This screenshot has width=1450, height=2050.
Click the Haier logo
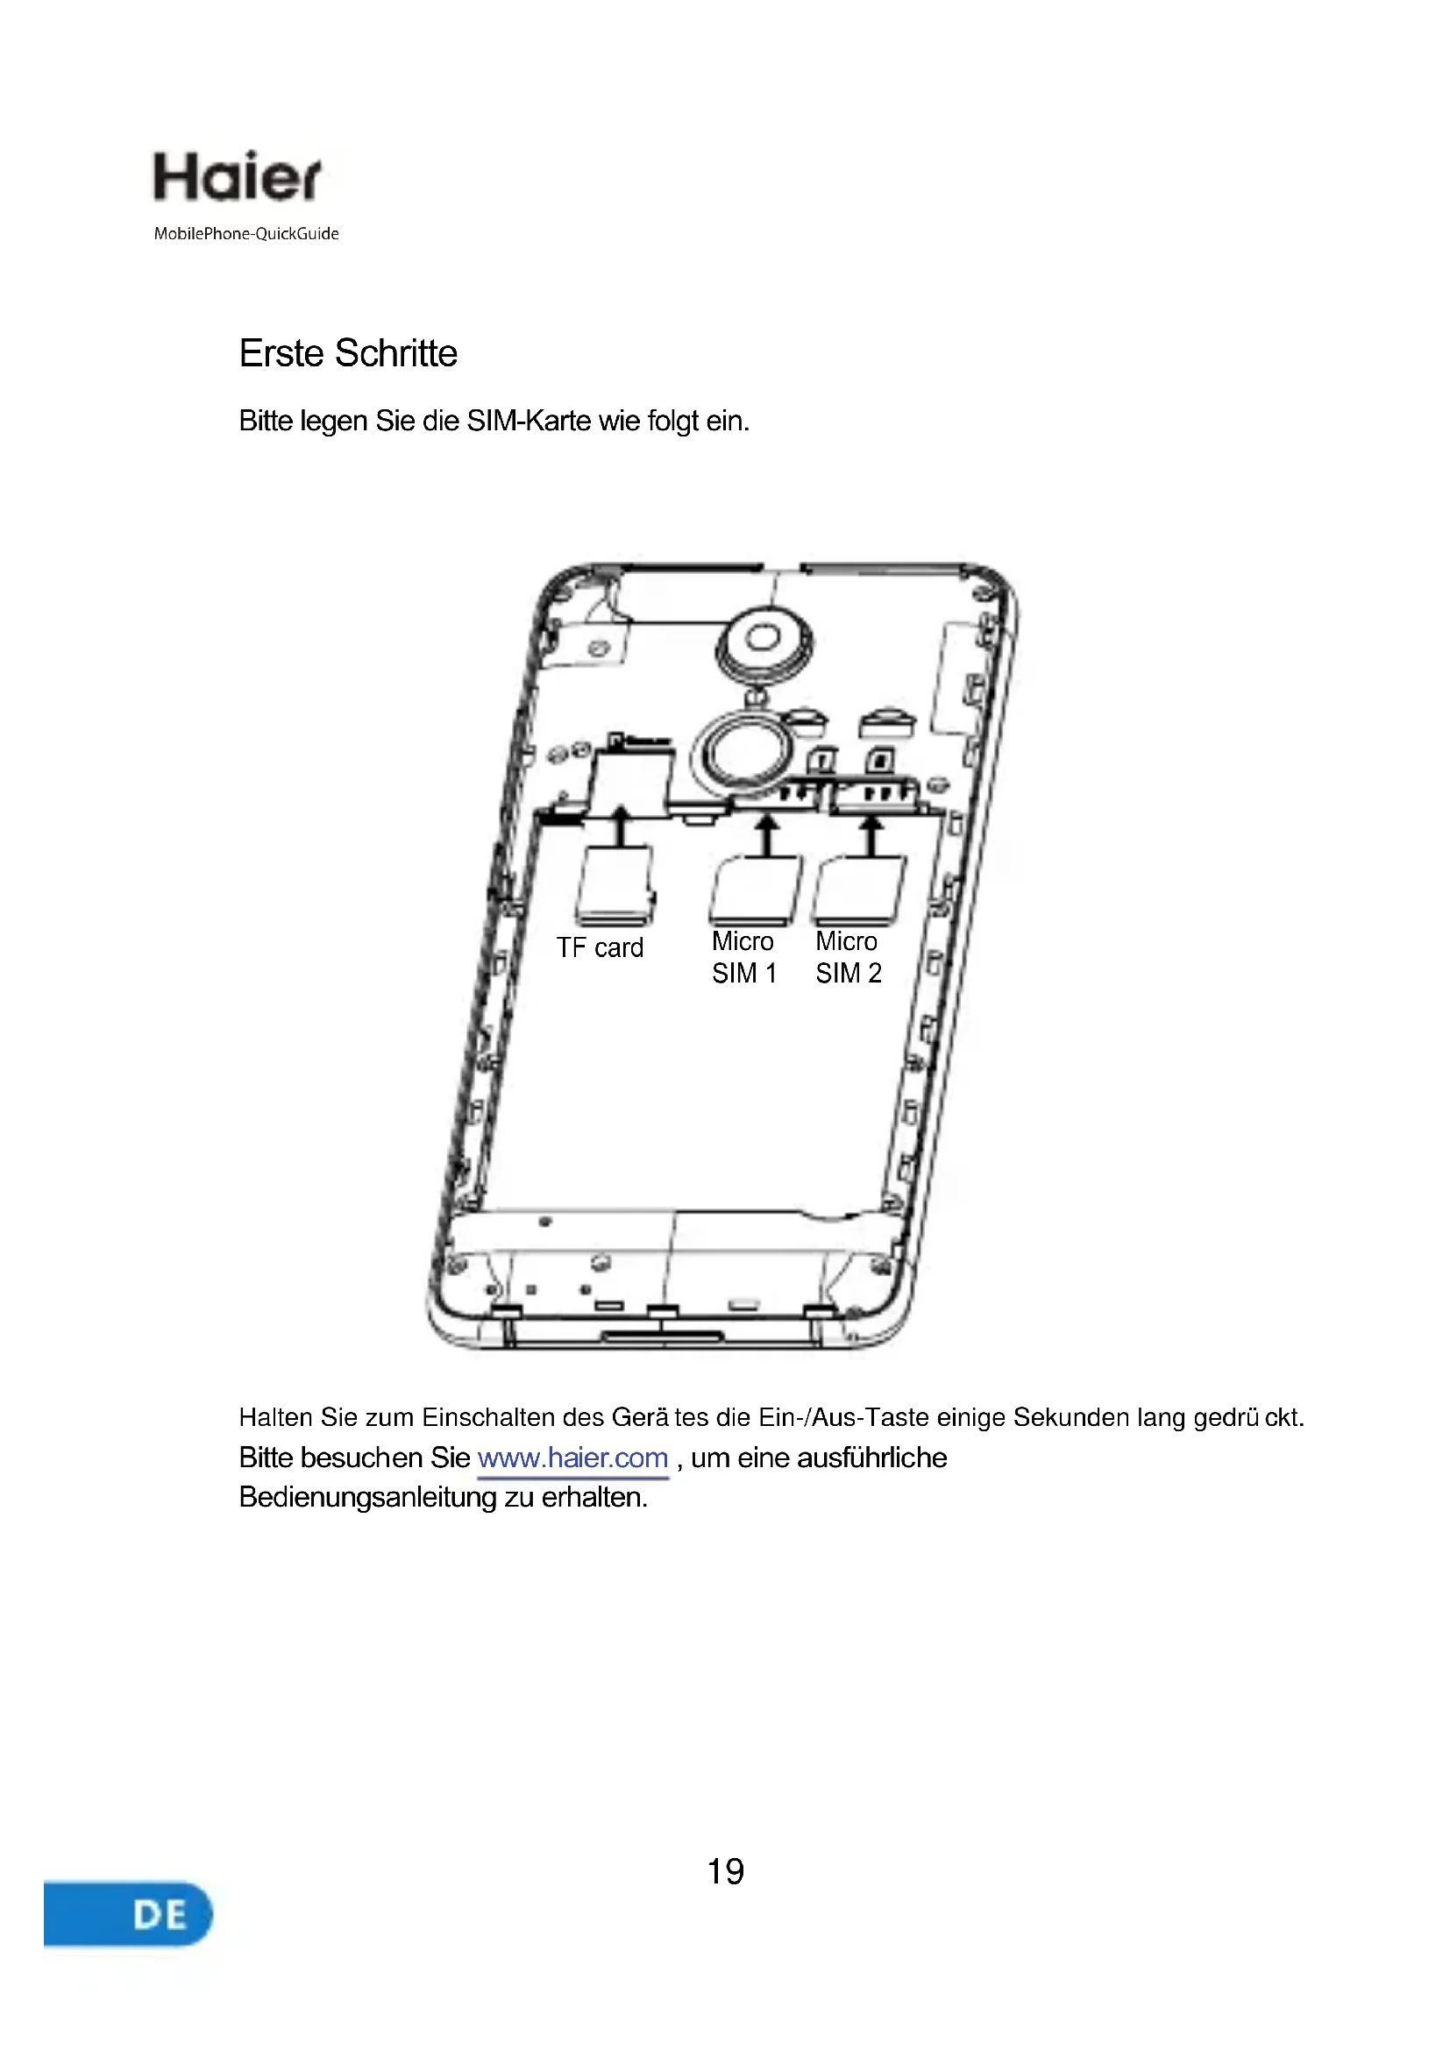click(237, 177)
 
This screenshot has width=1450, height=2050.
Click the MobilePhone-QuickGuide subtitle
click(246, 234)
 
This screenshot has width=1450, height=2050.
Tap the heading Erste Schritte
click(348, 353)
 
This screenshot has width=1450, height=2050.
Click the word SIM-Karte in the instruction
click(529, 421)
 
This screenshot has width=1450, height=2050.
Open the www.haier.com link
click(572, 1458)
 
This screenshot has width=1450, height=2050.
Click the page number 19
click(725, 1871)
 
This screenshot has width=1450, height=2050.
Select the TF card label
click(600, 948)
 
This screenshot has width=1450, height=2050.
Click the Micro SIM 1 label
click(743, 957)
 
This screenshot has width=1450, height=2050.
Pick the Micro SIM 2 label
click(848, 957)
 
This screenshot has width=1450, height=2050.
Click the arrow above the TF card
click(622, 825)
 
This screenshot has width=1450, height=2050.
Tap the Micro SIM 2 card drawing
click(859, 891)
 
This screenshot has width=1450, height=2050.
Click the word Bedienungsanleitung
click(367, 1497)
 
